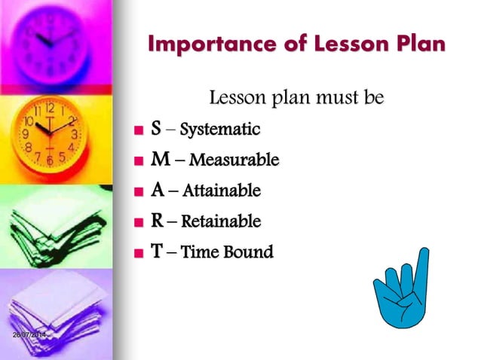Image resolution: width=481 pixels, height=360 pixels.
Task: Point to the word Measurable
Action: coord(234,160)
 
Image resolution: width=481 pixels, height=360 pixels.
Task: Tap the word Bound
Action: coord(250,252)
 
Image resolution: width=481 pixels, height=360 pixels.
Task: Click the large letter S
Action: coord(155,129)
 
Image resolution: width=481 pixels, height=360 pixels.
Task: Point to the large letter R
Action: coord(157,221)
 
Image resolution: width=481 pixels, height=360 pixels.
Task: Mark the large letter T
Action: coord(156,252)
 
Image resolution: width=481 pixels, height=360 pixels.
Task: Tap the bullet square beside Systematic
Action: coord(137,131)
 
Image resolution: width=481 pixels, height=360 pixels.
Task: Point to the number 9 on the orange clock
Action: coord(26,135)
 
